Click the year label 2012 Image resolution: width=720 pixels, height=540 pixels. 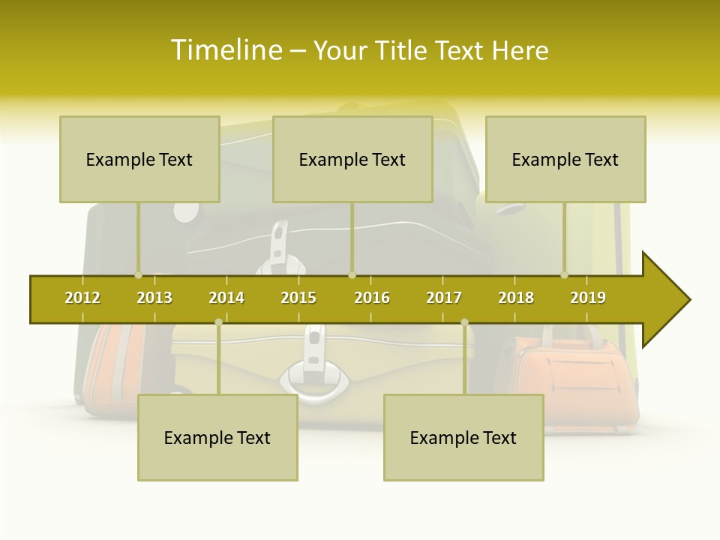[x=82, y=298]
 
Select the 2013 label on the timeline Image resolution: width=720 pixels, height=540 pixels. [x=154, y=298]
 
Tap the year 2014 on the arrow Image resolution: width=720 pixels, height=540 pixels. [x=226, y=298]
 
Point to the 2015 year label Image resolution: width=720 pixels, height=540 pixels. [x=298, y=298]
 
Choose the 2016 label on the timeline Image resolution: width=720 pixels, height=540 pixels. [x=372, y=298]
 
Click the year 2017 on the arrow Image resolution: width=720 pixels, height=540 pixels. [x=444, y=298]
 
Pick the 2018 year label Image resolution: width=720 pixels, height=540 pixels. [x=516, y=298]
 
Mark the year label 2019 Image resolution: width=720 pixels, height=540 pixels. [x=588, y=298]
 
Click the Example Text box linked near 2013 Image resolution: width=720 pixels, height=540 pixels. [x=139, y=159]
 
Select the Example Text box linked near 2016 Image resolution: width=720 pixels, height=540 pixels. [x=352, y=159]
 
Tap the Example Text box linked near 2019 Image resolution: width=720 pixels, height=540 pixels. [x=565, y=159]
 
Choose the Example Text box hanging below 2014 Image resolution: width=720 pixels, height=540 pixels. [x=217, y=437]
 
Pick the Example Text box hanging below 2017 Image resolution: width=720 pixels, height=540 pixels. [x=463, y=437]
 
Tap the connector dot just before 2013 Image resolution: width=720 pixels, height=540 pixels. [x=138, y=275]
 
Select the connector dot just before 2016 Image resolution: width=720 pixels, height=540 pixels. [x=352, y=275]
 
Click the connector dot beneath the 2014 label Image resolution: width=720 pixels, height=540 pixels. [x=218, y=322]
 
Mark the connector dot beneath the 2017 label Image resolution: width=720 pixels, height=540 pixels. [x=464, y=322]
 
